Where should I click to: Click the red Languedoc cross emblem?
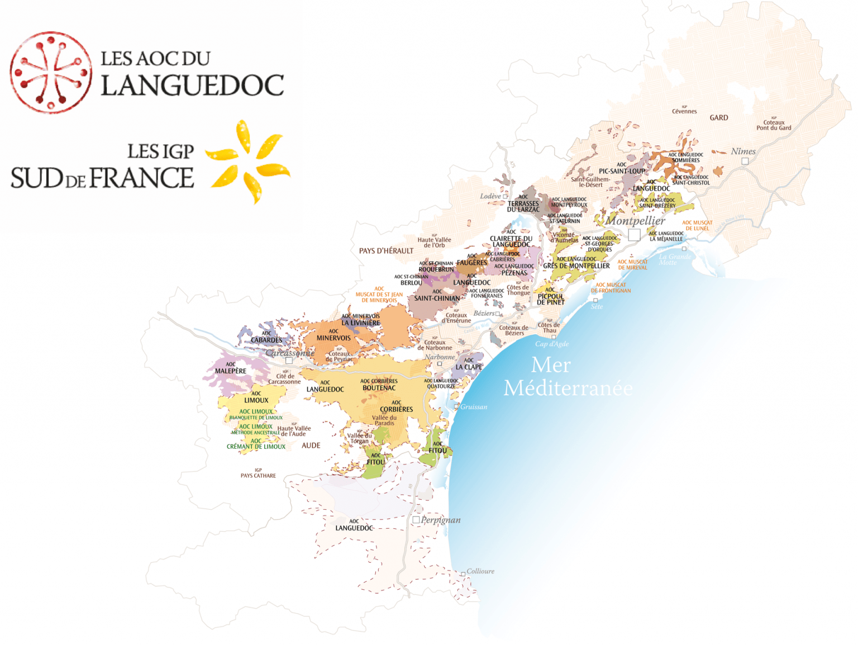51,72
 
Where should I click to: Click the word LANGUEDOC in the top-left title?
192,86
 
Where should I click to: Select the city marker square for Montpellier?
634,235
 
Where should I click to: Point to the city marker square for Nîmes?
745,161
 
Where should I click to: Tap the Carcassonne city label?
290,353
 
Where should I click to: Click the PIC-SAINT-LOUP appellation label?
622,171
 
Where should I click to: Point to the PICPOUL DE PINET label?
550,299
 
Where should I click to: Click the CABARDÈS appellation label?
266,340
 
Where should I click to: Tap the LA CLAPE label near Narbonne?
469,367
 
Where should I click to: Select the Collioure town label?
480,571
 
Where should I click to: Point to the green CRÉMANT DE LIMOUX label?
256,447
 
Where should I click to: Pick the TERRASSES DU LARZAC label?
523,206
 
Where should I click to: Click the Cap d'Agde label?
552,344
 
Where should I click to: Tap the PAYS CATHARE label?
258,476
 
